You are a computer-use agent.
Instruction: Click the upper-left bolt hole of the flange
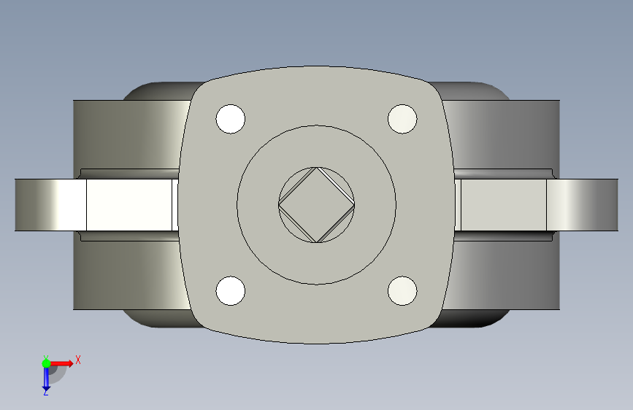pos(231,119)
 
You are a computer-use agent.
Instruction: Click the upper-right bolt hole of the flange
pos(402,119)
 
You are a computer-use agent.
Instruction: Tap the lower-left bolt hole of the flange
pos(231,291)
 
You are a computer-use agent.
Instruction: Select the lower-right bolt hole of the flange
pos(402,291)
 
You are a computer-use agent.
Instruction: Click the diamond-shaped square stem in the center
pos(317,205)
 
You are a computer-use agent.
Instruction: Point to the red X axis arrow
pos(61,363)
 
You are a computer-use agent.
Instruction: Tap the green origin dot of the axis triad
pos(46,363)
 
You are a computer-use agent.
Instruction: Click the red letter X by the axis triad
pos(78,360)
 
